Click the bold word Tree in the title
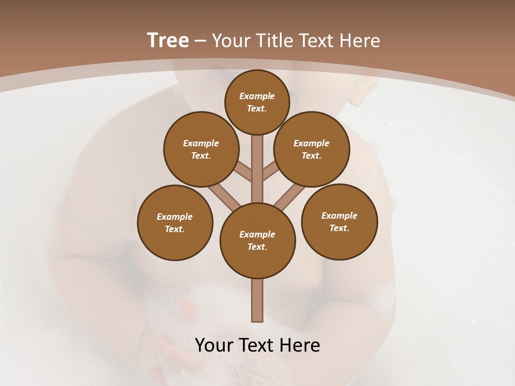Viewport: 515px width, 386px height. (168, 41)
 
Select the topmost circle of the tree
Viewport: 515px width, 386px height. (257, 102)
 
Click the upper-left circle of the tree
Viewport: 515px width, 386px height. (201, 149)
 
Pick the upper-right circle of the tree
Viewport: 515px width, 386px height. (312, 149)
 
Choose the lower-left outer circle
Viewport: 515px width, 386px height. (175, 222)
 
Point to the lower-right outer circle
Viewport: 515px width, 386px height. (339, 221)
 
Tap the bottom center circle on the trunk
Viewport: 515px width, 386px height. (257, 240)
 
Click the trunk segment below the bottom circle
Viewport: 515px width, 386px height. (257, 300)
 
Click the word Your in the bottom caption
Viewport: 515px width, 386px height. (215, 345)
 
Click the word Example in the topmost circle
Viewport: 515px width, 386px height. (257, 96)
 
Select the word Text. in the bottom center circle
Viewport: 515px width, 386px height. (257, 247)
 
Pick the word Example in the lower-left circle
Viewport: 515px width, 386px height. (174, 217)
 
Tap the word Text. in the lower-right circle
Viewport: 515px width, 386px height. (339, 228)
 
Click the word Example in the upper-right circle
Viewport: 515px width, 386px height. (312, 143)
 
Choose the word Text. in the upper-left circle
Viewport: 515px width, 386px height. (201, 155)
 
